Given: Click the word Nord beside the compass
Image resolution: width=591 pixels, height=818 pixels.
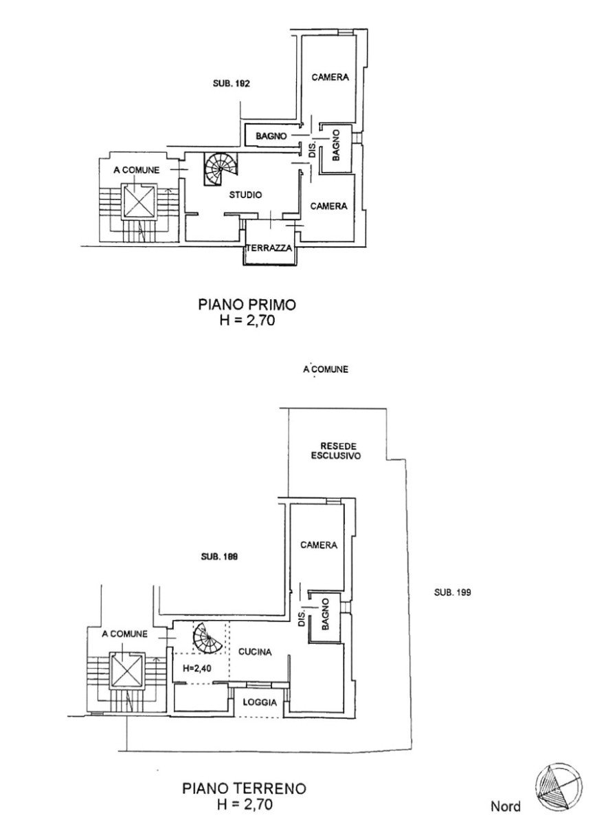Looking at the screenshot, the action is pos(506,806).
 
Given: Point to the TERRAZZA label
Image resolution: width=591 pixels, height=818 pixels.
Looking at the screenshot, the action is pos(269,248).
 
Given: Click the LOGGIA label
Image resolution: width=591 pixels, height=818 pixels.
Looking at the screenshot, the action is pos(260,702).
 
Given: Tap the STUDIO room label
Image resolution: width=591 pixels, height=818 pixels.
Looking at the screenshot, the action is pos(245,195).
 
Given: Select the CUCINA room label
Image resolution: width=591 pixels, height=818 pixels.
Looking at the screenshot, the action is pos(255,652).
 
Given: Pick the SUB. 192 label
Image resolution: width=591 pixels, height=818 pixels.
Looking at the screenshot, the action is pos(231,83).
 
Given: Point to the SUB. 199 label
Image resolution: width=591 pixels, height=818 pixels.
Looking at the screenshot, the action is pos(452,592).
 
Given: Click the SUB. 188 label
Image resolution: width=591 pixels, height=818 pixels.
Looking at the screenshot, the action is pos(219,557).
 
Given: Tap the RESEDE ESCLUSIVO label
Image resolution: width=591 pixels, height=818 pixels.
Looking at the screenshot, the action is pos(336,451).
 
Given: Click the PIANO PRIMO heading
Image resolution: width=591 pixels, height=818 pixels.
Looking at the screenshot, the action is pos(247,304).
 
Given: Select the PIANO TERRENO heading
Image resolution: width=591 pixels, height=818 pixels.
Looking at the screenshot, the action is pos(245,788).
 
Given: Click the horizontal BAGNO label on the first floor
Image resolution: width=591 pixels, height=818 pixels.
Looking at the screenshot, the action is pos(271,136).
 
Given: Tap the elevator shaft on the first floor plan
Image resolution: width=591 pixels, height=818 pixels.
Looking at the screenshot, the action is pos(139,201).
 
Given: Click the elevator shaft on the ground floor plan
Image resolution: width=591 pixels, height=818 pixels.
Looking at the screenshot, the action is pos(126,669).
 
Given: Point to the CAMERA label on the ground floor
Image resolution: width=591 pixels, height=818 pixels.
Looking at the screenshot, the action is pos(318,545).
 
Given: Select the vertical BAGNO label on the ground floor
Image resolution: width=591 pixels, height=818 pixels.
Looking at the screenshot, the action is pos(326,614).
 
